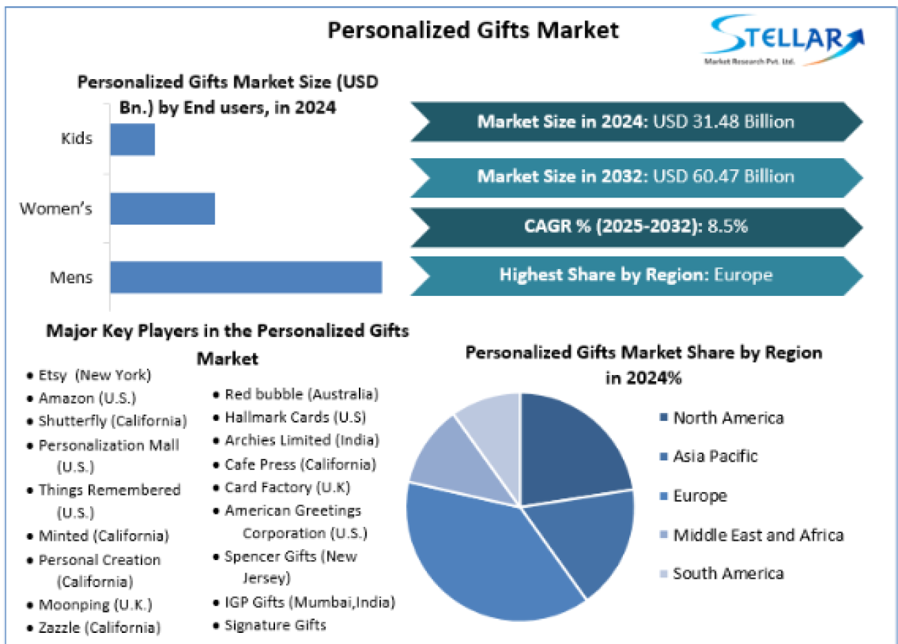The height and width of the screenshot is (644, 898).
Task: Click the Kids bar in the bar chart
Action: point(132,139)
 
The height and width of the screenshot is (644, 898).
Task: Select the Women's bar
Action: point(162,209)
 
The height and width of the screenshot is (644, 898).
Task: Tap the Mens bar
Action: point(246,277)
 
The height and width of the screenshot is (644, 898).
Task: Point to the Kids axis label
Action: point(76,139)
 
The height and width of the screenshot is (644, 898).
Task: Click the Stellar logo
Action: point(784,40)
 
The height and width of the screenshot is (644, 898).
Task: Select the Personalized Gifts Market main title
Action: point(473,31)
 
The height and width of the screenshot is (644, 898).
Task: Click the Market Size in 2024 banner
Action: point(635,122)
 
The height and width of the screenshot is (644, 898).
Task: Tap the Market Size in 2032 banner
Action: point(635,177)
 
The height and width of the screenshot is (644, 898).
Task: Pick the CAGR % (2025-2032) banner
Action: point(635,227)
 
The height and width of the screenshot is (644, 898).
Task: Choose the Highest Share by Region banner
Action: point(635,275)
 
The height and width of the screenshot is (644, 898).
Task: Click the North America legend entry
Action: point(728,418)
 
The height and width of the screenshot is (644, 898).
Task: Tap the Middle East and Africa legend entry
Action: point(757,535)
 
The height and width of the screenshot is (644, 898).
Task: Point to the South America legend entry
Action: point(728,574)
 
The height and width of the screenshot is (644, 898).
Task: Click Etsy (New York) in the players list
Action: point(94,375)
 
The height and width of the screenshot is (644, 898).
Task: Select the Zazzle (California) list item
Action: point(99,628)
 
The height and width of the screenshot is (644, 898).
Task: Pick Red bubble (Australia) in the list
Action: point(301,394)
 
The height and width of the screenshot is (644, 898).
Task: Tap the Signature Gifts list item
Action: point(274,625)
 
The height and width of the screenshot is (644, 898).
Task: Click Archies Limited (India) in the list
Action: point(301,440)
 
